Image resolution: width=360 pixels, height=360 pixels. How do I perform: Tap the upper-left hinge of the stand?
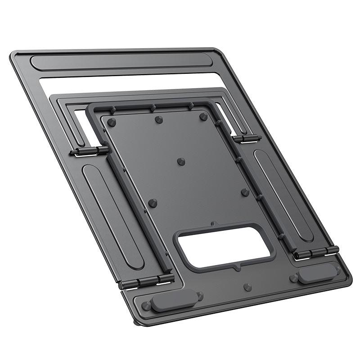pyautogui.click(x=90, y=152)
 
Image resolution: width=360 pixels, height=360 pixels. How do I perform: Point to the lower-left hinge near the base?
pyautogui.click(x=146, y=282)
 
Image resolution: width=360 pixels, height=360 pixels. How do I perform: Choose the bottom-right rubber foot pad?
pyautogui.click(x=318, y=274)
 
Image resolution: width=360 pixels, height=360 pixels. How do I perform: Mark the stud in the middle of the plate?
pyautogui.click(x=181, y=161)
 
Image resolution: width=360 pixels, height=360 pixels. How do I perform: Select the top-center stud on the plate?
pyautogui.click(x=158, y=119)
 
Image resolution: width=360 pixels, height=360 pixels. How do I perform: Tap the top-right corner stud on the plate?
pyautogui.click(x=203, y=117)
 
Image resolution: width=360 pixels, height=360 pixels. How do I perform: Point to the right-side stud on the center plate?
pyautogui.click(x=245, y=192)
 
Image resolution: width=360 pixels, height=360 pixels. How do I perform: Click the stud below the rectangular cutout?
pyautogui.click(x=246, y=287)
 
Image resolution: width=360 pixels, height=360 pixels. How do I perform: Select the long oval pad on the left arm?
pyautogui.click(x=112, y=216)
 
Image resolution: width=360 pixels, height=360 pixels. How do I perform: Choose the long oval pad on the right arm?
pyautogui.click(x=282, y=194)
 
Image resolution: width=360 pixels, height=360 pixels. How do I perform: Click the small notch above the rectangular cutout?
pyautogui.click(x=212, y=224)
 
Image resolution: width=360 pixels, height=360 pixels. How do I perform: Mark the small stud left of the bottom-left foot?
pyautogui.click(x=145, y=306)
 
